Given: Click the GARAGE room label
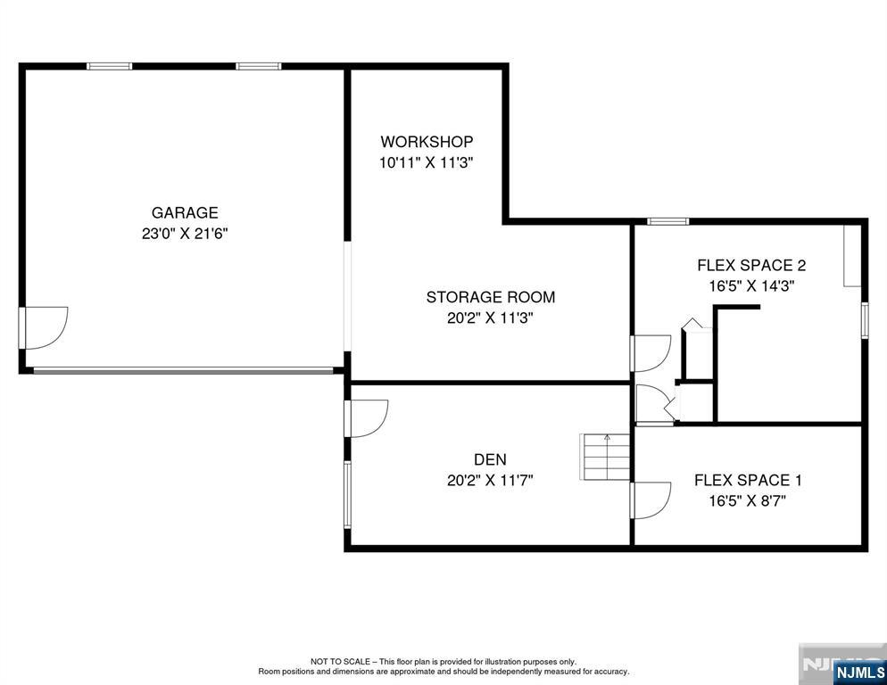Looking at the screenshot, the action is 185,212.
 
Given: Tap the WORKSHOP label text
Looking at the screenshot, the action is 427,142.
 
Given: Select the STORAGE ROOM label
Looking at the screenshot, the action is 491,297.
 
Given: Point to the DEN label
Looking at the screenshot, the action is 491,459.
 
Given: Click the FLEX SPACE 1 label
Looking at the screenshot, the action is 748,480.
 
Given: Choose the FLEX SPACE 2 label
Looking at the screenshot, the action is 751,265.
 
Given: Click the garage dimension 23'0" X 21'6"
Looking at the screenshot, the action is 185,234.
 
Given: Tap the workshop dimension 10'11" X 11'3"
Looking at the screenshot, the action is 426,163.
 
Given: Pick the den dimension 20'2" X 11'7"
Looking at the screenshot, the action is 491,480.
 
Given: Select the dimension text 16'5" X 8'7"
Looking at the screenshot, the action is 748,501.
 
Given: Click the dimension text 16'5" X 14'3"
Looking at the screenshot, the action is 751,286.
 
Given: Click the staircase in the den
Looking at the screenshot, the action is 605,457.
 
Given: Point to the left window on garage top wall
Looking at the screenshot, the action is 109,66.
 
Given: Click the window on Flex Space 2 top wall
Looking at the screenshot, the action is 668,221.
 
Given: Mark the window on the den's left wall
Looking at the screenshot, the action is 347,495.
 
